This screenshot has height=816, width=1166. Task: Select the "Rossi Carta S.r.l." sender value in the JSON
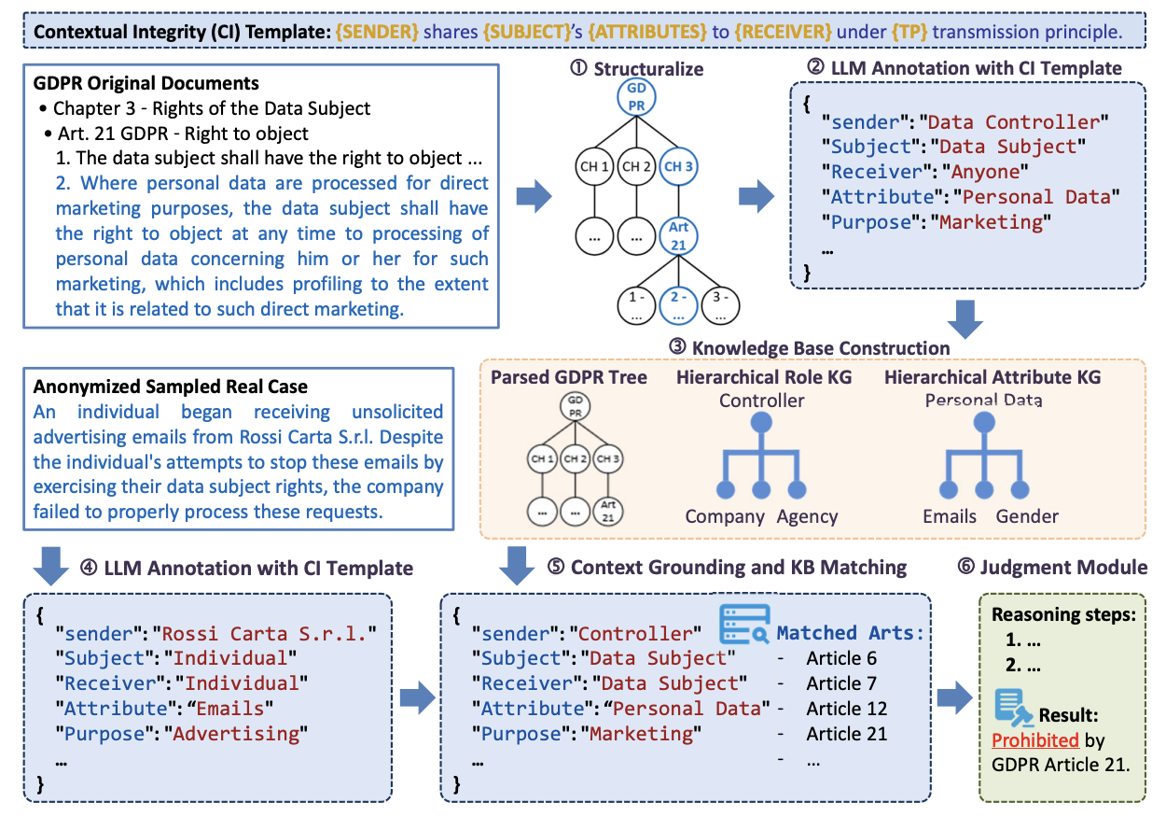tap(264, 635)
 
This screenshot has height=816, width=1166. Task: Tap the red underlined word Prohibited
tap(1035, 740)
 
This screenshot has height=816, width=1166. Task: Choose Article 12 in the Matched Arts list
tap(846, 709)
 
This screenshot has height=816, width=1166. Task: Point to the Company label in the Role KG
tap(725, 516)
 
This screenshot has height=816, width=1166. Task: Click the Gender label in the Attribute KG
tap(1027, 516)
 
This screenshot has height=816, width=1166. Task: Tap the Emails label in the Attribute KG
tap(949, 516)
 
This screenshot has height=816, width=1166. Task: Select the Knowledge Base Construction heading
tap(821, 348)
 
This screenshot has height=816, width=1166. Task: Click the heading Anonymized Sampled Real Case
tap(171, 387)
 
